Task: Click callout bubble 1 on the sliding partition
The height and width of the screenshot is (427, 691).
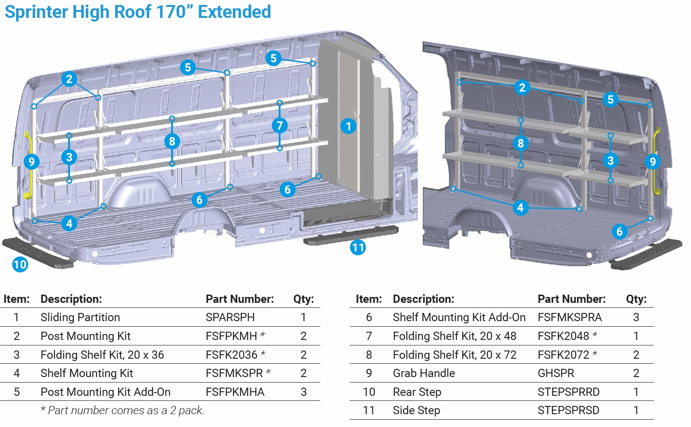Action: pos(348,126)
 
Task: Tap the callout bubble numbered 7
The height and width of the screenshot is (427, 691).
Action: pos(280,126)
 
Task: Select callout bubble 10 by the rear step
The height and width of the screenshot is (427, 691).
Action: pos(20,264)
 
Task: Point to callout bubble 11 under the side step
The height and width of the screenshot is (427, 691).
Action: pos(358,248)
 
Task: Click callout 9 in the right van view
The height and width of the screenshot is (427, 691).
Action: pos(653,161)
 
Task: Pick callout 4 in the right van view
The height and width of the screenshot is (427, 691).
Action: pos(520,208)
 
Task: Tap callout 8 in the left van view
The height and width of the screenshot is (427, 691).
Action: pos(172,141)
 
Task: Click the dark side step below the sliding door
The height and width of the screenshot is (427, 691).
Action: pos(350,235)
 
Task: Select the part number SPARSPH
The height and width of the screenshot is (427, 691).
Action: pos(230,318)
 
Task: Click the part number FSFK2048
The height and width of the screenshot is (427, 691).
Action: pos(563,336)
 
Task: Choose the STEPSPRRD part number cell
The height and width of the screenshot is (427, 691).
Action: pos(568,392)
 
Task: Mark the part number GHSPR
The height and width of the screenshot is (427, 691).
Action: pos(556,373)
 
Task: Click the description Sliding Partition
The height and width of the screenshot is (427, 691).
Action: pos(80,318)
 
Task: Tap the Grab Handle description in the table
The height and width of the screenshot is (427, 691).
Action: pos(424,373)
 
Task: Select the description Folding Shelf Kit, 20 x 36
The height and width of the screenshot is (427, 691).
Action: pos(102,355)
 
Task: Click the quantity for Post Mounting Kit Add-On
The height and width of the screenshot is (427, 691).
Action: pos(303,392)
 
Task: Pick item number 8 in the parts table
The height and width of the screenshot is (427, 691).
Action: pos(369,355)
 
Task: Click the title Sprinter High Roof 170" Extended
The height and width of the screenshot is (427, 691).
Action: pos(138,12)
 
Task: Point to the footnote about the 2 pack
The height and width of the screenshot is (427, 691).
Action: pos(122,411)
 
